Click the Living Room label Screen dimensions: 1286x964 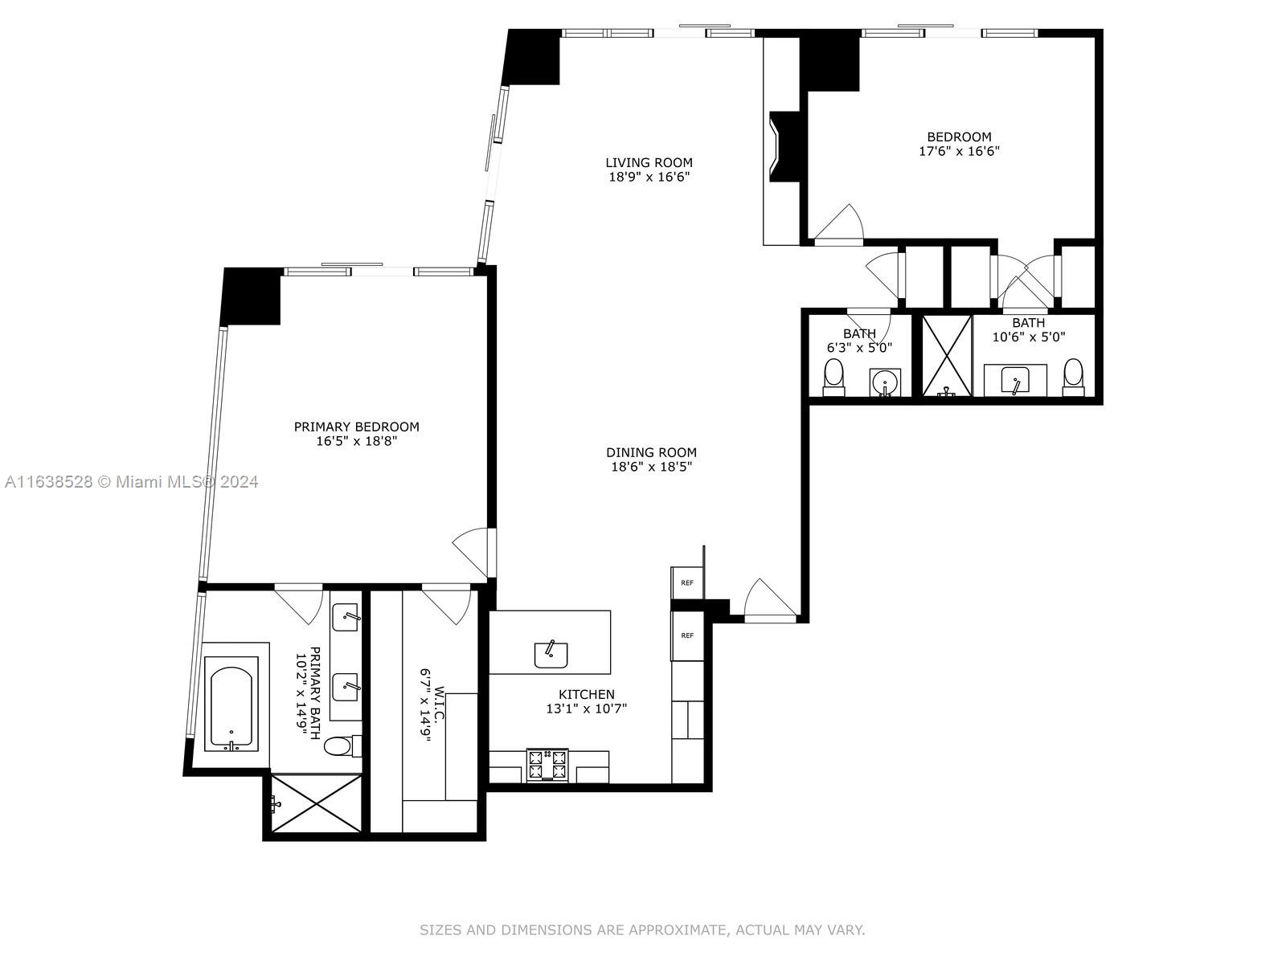point(649,163)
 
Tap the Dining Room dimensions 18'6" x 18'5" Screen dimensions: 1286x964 point(652,467)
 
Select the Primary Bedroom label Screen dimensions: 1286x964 point(356,427)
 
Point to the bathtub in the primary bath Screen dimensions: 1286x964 point(231,704)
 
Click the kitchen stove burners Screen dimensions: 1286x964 point(547,765)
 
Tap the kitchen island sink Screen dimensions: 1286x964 point(551,655)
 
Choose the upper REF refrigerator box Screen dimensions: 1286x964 point(686,583)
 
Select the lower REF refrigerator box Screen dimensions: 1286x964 point(686,635)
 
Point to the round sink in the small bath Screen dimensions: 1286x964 point(883,383)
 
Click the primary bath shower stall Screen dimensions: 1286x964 point(317,803)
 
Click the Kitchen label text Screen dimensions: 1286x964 point(587,694)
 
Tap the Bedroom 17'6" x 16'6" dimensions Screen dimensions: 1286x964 point(959,151)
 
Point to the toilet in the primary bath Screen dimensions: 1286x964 point(342,745)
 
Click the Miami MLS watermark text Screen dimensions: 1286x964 point(131,482)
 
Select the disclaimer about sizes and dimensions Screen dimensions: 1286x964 point(642,929)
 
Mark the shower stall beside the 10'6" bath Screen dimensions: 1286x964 point(947,355)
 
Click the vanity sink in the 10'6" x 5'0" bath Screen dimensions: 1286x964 point(1015,379)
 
